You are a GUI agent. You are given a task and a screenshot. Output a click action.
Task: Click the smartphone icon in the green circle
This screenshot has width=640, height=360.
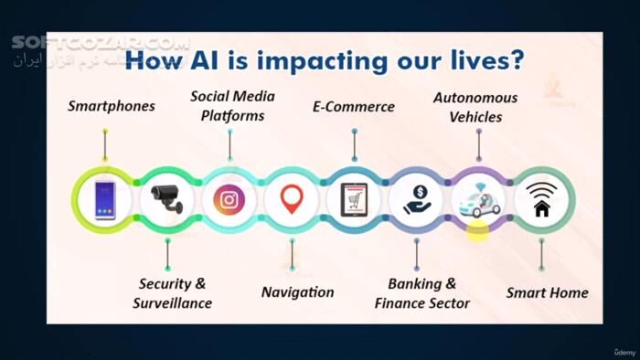pyautogui.click(x=104, y=199)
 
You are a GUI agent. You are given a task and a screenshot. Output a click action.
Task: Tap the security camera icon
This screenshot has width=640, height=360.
pyautogui.click(x=167, y=199)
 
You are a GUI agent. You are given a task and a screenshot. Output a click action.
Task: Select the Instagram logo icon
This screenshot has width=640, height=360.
pyautogui.click(x=229, y=199)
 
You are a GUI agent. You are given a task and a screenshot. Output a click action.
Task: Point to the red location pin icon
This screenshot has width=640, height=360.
pyautogui.click(x=292, y=199)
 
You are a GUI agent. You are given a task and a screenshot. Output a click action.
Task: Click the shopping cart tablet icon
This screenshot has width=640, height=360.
pyautogui.click(x=354, y=199)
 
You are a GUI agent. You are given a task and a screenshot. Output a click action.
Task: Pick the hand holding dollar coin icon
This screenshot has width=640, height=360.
pyautogui.click(x=416, y=199)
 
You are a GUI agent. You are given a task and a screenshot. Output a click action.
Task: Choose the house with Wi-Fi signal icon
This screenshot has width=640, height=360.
pyautogui.click(x=541, y=199)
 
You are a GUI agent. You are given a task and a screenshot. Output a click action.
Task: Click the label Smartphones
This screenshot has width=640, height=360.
pyautogui.click(x=112, y=106)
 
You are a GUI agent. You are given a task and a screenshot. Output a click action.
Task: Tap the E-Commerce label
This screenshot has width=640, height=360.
pyautogui.click(x=354, y=107)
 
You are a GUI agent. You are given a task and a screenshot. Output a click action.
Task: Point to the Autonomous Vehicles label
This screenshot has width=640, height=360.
pyautogui.click(x=475, y=106)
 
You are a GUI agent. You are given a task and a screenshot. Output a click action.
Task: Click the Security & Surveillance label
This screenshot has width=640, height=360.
pyautogui.click(x=172, y=292)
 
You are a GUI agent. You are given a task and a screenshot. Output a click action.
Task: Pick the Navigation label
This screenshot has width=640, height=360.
pyautogui.click(x=297, y=292)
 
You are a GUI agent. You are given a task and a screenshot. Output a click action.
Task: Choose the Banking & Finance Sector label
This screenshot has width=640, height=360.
pyautogui.click(x=421, y=292)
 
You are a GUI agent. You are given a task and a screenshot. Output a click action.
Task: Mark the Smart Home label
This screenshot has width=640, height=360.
pyautogui.click(x=547, y=293)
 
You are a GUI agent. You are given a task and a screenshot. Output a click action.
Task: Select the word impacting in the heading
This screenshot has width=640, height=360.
pyautogui.click(x=322, y=62)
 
